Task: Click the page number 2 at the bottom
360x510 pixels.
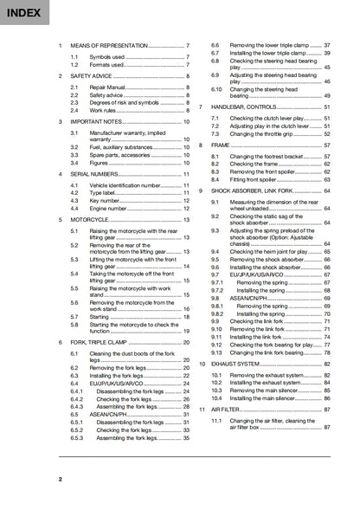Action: pos(61,479)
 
